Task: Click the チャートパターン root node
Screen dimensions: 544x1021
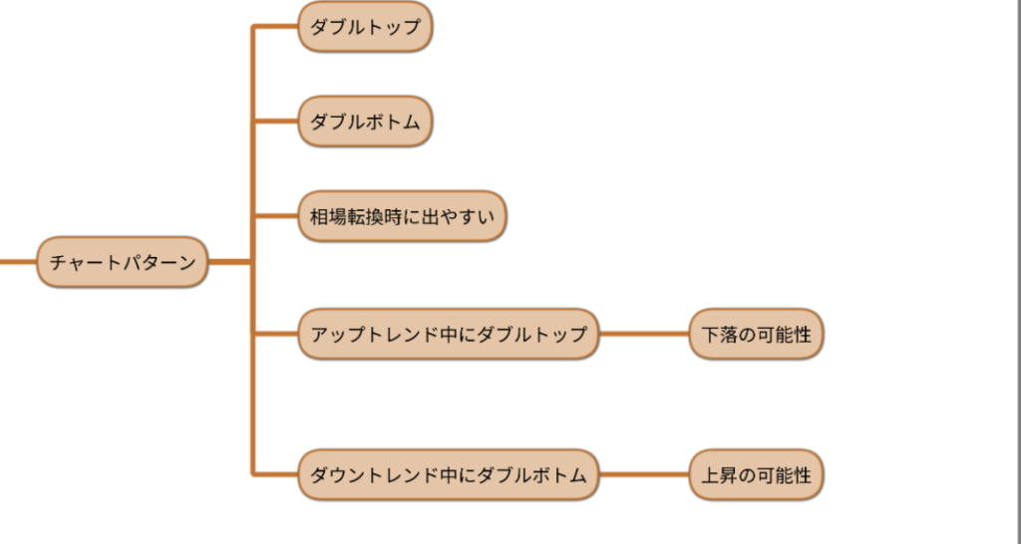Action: pyautogui.click(x=123, y=263)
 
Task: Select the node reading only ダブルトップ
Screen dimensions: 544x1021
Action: pyautogui.click(x=365, y=27)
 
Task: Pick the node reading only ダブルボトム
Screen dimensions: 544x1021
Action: pyautogui.click(x=365, y=122)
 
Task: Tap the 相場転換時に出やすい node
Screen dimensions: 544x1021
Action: pyautogui.click(x=403, y=216)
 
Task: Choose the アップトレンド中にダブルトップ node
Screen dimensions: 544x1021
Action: pyautogui.click(x=449, y=335)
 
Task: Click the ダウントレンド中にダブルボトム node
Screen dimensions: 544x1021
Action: pyautogui.click(x=449, y=475)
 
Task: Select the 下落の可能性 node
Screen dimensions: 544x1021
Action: pyautogui.click(x=756, y=335)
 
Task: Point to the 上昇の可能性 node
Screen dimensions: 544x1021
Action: pyautogui.click(x=756, y=475)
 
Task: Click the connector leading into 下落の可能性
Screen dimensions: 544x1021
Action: pyautogui.click(x=644, y=335)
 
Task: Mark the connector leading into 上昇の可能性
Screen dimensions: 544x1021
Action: pyautogui.click(x=644, y=475)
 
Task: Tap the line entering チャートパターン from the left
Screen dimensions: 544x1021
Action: pyautogui.click(x=17, y=263)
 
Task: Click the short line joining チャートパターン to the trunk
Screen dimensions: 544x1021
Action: pyautogui.click(x=230, y=263)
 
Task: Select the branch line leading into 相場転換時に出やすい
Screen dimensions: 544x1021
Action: pyautogui.click(x=276, y=216)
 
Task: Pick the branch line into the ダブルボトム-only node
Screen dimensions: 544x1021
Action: pyautogui.click(x=276, y=122)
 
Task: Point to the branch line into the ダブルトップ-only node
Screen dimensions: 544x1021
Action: pyautogui.click(x=276, y=27)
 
